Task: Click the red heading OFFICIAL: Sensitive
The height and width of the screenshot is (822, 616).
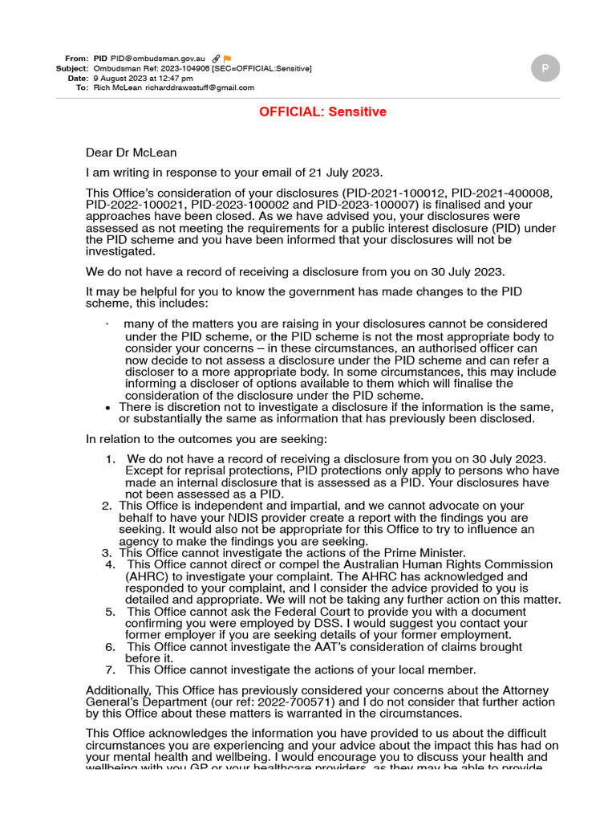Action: (322, 112)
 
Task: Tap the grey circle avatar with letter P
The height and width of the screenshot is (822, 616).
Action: (545, 69)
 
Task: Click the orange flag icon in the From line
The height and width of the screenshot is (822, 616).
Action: (228, 59)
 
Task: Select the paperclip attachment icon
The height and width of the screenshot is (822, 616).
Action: (217, 59)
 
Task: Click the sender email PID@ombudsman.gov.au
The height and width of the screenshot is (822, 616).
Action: (158, 59)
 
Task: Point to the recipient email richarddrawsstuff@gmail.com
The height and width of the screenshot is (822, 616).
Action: (200, 87)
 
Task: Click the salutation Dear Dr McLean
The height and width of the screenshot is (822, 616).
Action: (132, 153)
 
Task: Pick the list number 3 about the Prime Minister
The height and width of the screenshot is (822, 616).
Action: (107, 553)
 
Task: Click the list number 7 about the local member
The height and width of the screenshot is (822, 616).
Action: (111, 669)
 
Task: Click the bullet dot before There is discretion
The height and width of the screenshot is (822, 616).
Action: (108, 408)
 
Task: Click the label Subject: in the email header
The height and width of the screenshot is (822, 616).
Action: (71, 68)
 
